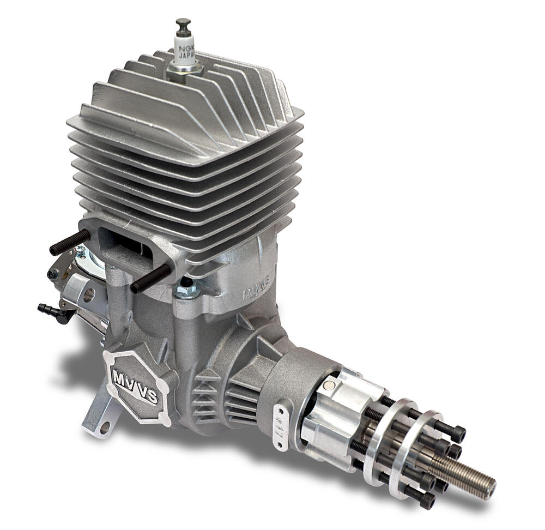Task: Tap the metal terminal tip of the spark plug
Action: (x=183, y=24)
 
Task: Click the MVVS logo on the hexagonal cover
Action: (x=135, y=386)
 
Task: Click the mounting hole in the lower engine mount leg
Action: (x=104, y=426)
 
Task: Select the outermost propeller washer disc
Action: (x=420, y=453)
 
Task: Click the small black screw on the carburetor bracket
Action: (x=53, y=274)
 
